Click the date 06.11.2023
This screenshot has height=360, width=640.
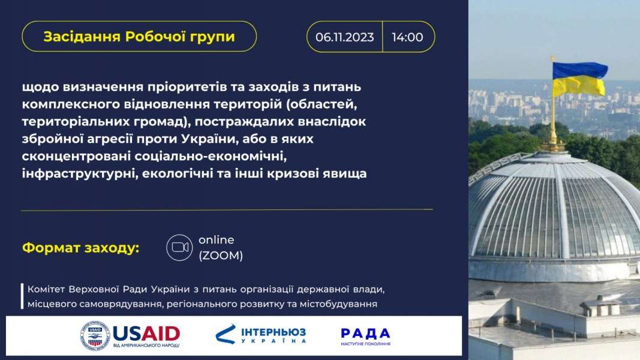pos(344,37)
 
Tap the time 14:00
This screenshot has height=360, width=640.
pos(407,37)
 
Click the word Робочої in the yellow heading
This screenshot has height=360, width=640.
pos(157,37)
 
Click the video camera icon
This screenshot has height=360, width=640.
pos(179,247)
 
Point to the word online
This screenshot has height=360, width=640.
pos(217,239)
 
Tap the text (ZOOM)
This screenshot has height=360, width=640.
pos(221,256)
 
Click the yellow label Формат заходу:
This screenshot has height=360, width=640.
pos(81,248)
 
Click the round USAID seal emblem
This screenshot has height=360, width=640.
pos(95,335)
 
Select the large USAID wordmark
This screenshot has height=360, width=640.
pos(146,334)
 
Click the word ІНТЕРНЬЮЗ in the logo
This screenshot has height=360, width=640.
pos(273,332)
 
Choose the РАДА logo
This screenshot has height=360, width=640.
pos(366,337)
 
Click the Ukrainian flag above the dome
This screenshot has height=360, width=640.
pos(579,79)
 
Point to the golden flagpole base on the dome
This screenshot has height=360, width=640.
pos(554,145)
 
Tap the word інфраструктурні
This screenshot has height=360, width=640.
pos(79,173)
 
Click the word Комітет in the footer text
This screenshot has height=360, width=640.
pos(46,289)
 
